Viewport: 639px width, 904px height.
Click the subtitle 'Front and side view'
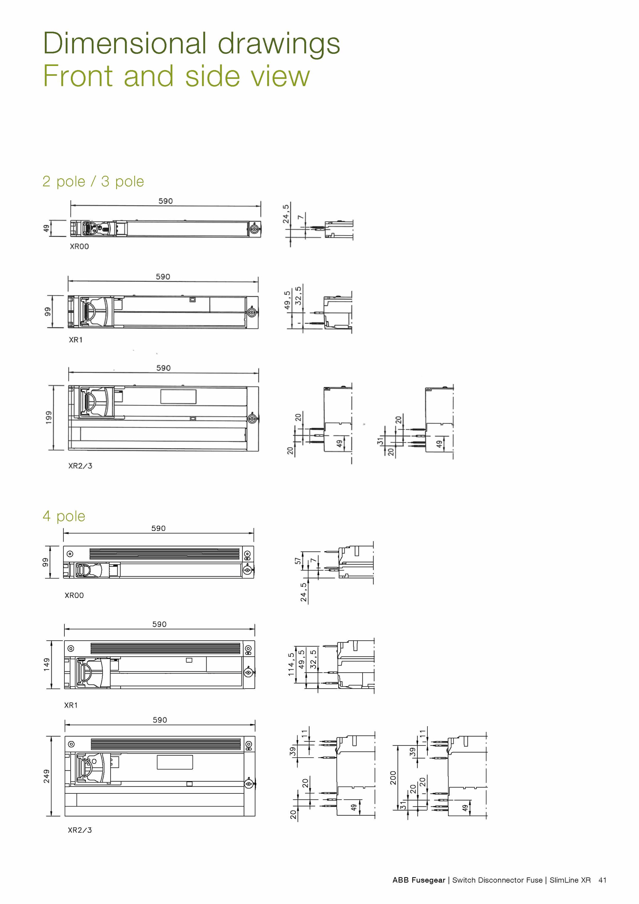(x=176, y=76)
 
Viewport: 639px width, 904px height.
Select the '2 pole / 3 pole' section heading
(x=93, y=182)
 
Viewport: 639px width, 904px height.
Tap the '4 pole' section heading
(x=64, y=517)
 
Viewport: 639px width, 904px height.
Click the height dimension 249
(x=47, y=776)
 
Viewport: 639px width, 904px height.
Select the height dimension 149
(x=47, y=664)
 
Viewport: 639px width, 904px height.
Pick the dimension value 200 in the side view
(x=393, y=778)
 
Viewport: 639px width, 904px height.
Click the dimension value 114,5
(x=291, y=664)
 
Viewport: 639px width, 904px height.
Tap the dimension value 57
(x=298, y=561)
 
